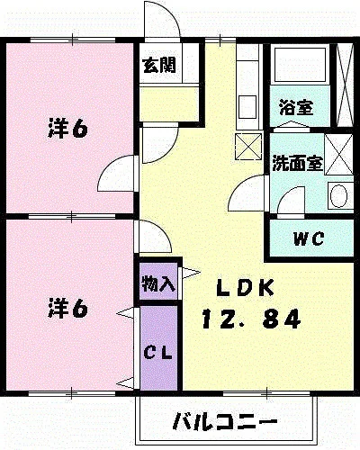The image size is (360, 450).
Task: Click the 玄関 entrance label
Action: tap(159, 65)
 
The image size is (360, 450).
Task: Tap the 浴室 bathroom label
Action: tap(296, 107)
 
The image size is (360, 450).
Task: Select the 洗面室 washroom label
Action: tap(297, 164)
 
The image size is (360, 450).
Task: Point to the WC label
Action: tap(309, 238)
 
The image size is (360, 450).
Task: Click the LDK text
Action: tap(245, 288)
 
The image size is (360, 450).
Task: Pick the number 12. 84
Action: tap(251, 319)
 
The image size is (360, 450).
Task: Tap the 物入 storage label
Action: tap(158, 283)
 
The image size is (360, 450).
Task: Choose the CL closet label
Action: tap(157, 353)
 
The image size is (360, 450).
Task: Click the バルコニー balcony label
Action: tap(225, 422)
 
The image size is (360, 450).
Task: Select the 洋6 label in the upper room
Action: tap(68, 129)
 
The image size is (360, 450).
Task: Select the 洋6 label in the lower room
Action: tap(68, 309)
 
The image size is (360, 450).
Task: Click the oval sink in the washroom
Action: tap(338, 195)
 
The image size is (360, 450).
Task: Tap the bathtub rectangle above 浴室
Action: tap(300, 64)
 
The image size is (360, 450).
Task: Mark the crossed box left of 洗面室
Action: tap(248, 147)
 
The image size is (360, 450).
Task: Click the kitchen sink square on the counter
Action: tap(247, 107)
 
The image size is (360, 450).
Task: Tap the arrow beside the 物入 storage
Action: tap(191, 273)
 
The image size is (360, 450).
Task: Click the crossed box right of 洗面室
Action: tap(339, 154)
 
